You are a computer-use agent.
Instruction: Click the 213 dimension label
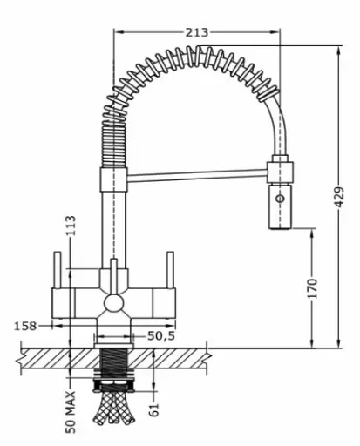(x=197, y=32)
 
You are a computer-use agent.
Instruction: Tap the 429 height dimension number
(x=338, y=197)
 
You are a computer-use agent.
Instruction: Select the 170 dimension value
(x=313, y=288)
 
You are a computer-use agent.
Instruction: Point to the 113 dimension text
(x=71, y=226)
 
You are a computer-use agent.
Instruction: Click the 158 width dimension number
(x=25, y=326)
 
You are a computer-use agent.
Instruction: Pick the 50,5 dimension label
(x=161, y=336)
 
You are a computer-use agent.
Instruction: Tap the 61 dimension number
(x=154, y=409)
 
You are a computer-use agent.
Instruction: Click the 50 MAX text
(x=71, y=412)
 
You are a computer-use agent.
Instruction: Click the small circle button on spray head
(x=281, y=199)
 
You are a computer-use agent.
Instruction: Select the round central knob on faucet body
(x=114, y=304)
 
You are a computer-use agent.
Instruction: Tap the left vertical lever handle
(x=58, y=270)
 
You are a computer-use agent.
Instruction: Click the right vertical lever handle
(x=170, y=270)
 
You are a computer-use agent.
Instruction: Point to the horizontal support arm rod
(x=198, y=176)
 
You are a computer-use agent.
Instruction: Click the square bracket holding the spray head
(x=281, y=172)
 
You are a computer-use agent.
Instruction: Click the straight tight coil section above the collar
(x=114, y=145)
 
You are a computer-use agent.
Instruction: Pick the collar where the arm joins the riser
(x=114, y=179)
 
